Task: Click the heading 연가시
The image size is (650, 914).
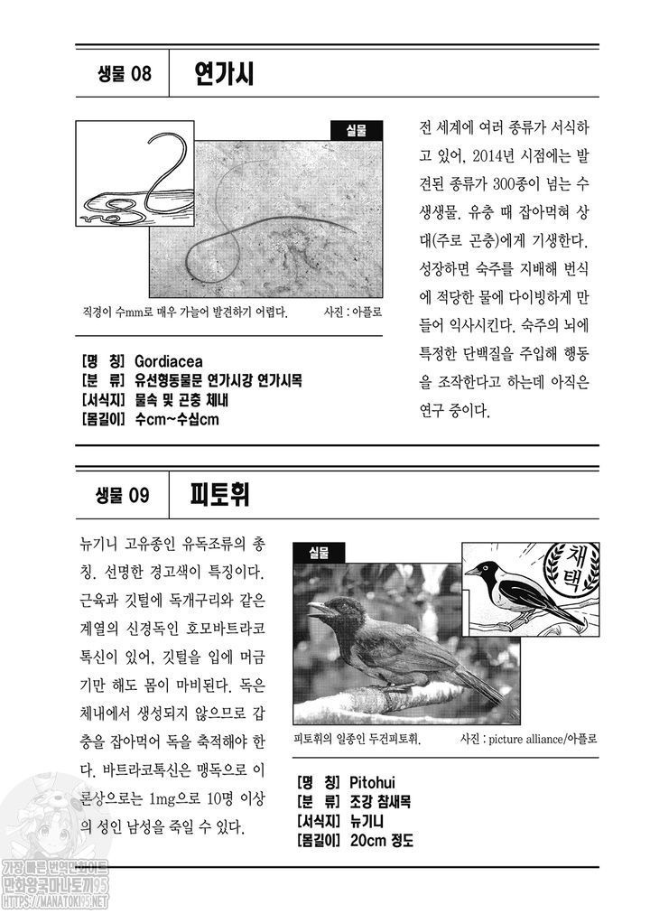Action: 224,74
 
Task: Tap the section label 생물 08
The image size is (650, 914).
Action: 124,74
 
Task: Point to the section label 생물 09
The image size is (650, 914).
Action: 123,496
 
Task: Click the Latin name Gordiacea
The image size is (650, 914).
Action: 169,361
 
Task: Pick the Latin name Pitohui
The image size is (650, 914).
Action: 373,782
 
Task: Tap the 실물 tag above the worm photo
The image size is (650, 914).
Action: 357,131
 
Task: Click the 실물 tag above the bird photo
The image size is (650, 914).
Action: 319,553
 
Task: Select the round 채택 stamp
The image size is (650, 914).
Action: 571,568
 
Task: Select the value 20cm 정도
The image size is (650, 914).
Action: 382,841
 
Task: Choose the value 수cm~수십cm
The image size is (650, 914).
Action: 177,419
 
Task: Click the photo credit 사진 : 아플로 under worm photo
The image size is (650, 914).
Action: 353,312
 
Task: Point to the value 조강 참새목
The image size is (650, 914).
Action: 380,801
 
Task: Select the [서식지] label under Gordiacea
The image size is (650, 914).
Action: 104,400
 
